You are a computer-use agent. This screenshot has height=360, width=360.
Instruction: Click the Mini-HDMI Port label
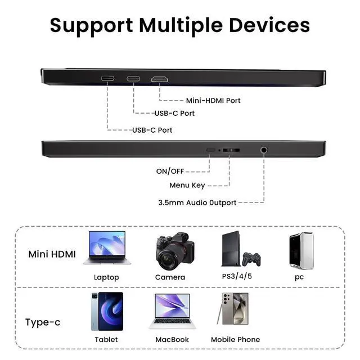click(213, 101)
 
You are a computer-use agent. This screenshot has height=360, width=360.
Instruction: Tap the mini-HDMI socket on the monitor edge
click(159, 78)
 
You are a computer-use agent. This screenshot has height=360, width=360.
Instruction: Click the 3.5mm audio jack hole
click(263, 150)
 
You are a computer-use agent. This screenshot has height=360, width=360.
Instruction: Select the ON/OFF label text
click(170, 171)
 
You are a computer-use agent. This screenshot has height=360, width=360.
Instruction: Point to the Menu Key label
click(187, 186)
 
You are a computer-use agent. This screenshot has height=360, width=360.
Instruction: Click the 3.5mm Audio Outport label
click(196, 202)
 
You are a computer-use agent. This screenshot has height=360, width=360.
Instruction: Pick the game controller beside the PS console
click(251, 258)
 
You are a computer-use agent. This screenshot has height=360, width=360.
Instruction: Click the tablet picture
click(106, 311)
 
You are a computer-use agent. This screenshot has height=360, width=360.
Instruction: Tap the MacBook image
click(172, 311)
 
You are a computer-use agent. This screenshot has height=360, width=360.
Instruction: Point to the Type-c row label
click(43, 323)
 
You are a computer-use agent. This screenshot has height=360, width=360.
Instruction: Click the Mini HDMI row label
click(52, 254)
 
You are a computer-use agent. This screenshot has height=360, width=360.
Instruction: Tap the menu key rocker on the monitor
click(230, 151)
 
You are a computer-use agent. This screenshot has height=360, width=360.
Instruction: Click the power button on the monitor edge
click(211, 150)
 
